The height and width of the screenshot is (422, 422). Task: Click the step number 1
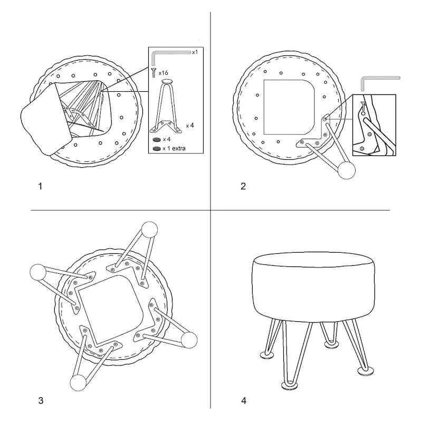click(x=41, y=186)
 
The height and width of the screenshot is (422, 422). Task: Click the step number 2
click(x=243, y=186)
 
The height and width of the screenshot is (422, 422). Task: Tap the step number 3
click(x=41, y=401)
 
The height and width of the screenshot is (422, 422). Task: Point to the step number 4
click(x=244, y=401)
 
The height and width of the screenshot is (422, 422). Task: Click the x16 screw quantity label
click(x=164, y=73)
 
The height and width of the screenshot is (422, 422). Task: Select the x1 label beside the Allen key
click(x=195, y=52)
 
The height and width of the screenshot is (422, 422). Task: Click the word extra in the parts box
click(x=179, y=148)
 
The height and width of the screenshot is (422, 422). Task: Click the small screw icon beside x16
click(x=154, y=73)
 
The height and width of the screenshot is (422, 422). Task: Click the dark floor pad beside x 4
click(x=157, y=140)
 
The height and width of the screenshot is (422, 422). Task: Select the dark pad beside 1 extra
click(x=157, y=149)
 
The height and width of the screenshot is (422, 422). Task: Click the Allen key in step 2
click(x=380, y=83)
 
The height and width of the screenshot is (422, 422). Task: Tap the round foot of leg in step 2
click(x=347, y=170)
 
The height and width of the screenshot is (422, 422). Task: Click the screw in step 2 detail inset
click(x=363, y=106)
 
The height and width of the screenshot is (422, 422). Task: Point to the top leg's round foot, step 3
click(x=149, y=229)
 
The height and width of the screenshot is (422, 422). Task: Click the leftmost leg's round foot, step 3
click(x=38, y=272)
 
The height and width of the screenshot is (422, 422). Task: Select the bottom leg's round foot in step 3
click(x=78, y=383)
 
